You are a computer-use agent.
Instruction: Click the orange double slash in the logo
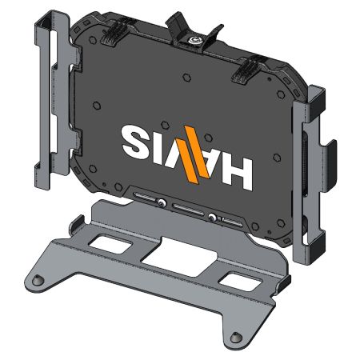click(x=193, y=151)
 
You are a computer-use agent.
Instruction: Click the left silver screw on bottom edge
click(x=162, y=203)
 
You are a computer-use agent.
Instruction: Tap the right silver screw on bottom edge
click(x=212, y=218)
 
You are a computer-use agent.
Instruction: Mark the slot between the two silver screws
click(x=186, y=210)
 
